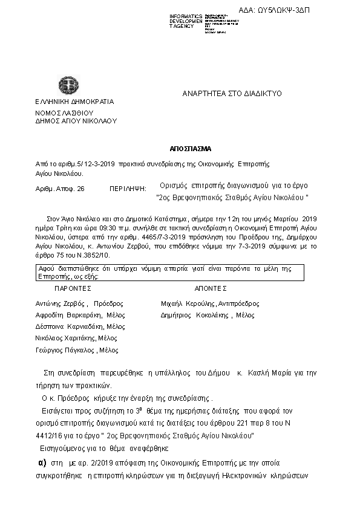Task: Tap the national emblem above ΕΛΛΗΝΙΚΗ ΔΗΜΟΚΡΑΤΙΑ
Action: [x=65, y=85]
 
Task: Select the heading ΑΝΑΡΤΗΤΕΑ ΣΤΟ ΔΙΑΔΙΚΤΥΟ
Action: [x=232, y=94]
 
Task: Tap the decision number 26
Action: [x=80, y=189]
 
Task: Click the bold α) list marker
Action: [x=42, y=463]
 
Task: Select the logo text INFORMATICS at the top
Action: [x=186, y=16]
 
